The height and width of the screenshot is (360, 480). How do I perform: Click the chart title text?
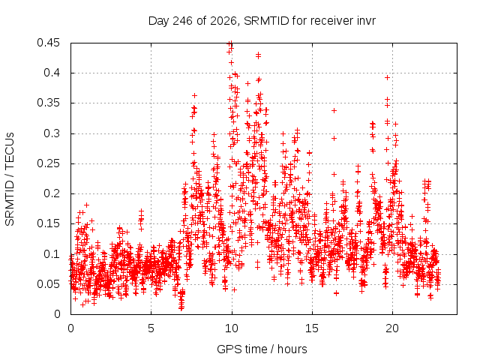262,21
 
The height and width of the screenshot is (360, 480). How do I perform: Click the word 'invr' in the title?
366,21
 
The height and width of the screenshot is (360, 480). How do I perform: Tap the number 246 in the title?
182,21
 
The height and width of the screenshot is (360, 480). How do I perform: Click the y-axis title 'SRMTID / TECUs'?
10,179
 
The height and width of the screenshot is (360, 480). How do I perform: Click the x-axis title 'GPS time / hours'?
262,349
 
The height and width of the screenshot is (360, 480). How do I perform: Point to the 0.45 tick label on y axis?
48,43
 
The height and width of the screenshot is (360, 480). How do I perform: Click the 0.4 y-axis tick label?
52,73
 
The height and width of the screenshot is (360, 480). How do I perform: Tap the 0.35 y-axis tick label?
48,103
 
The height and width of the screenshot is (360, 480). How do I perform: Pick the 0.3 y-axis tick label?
52,133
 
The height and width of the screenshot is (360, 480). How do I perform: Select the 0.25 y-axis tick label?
48,163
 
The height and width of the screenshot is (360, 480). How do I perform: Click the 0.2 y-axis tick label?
52,193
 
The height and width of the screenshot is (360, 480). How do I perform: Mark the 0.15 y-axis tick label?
48,223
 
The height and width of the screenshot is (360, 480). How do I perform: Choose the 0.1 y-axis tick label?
52,253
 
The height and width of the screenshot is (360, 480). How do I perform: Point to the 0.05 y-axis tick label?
48,284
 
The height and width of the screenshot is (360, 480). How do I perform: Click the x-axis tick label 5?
151,328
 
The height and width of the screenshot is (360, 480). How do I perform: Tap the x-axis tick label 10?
232,328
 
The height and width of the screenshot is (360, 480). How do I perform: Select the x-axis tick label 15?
312,328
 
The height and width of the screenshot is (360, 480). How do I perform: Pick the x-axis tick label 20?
392,328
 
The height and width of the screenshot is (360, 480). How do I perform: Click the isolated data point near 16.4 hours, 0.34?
334,110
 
